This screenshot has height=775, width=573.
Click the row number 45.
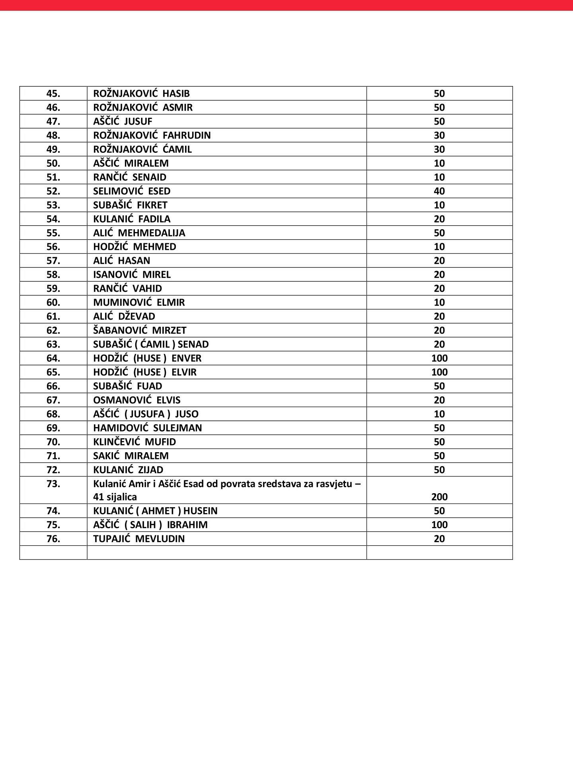[x=53, y=94]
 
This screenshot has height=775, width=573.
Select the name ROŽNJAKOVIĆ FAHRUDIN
[x=152, y=135]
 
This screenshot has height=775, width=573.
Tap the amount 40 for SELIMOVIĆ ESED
[x=439, y=191]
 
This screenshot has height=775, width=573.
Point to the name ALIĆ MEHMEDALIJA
[x=139, y=233]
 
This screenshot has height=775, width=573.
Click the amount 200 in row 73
[x=439, y=497]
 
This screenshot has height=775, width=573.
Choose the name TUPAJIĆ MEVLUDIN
[x=139, y=539]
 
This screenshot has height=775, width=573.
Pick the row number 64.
[x=53, y=358]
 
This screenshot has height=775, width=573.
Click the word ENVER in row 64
[x=186, y=358]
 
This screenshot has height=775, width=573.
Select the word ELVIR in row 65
[x=184, y=372]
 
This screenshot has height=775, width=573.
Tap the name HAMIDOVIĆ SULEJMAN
[x=147, y=428]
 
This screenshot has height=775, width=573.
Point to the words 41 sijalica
[x=115, y=497]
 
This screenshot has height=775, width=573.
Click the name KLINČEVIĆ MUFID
[x=134, y=442]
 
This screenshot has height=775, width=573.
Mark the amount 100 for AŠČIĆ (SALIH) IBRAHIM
[x=439, y=525]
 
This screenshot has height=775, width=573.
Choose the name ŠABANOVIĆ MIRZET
[x=140, y=330]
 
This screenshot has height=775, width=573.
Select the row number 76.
[x=53, y=539]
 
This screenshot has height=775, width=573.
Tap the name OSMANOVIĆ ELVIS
[x=136, y=400]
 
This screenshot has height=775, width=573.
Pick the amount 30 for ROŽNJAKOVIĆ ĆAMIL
[x=439, y=149]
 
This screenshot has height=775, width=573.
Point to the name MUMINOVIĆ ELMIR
[x=139, y=303]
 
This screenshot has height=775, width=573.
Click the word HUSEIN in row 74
[x=200, y=511]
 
